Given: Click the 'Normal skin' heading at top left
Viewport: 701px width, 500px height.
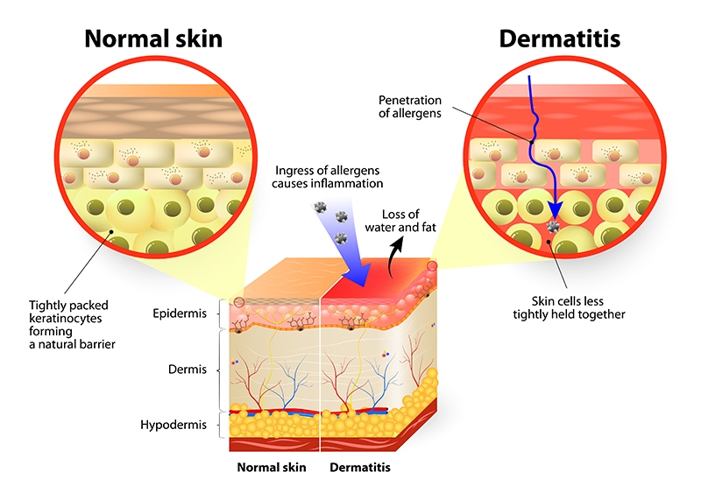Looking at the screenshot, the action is tap(153, 39).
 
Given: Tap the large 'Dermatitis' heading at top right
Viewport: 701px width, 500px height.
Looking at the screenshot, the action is tap(559, 39).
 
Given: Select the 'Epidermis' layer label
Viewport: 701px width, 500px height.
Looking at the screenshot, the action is tap(180, 313).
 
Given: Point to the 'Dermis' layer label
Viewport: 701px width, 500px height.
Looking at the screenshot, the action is tap(188, 369).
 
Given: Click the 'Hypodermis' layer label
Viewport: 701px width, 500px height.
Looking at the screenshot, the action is tap(173, 425).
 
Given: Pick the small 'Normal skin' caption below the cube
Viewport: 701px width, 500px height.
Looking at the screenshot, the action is tap(272, 468).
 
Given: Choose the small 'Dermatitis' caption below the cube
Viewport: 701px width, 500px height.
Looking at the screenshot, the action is tap(360, 468).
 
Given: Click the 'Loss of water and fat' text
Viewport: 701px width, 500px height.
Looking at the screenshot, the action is tap(400, 221).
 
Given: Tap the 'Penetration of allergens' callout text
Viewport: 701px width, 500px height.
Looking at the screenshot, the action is tap(410, 106).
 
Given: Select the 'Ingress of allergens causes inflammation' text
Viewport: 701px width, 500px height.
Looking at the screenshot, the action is tap(327, 177).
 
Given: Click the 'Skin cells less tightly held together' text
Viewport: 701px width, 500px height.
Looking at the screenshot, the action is tap(569, 308).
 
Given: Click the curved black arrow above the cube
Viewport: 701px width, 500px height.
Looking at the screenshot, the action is tap(395, 255).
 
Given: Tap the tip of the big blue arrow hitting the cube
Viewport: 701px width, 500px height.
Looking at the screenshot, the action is tap(365, 286).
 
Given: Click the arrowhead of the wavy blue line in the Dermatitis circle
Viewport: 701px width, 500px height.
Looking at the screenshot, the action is tap(556, 209).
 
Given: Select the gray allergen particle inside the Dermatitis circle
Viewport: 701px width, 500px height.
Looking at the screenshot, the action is tap(554, 226).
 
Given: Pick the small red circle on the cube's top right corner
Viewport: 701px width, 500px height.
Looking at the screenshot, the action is tap(432, 266).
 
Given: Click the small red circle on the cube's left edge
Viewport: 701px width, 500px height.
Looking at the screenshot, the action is tap(239, 302).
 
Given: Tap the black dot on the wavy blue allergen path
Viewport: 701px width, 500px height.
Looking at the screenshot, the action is tap(532, 142).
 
